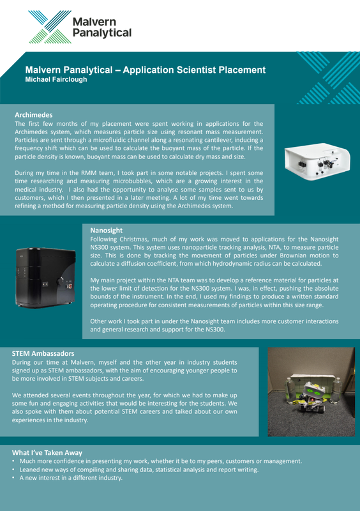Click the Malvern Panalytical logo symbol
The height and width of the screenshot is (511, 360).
coord(50,27)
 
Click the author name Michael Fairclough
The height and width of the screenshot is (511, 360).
coord(56,79)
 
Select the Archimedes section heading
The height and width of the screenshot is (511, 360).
coord(34,115)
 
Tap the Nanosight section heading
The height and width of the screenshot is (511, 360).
coord(106,231)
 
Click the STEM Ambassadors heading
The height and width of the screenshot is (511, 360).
coord(43,353)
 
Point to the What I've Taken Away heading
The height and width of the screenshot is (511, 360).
coord(47,453)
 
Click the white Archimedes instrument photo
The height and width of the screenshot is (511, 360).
coord(317,162)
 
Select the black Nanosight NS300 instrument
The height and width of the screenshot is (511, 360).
coord(45,278)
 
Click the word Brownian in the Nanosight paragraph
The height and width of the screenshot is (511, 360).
coord(293,256)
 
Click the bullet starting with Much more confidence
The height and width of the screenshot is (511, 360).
coord(157,461)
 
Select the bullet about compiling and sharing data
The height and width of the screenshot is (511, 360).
coord(135,469)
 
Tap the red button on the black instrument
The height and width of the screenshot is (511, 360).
coord(69,286)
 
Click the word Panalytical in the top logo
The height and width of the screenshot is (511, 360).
coord(102,33)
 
